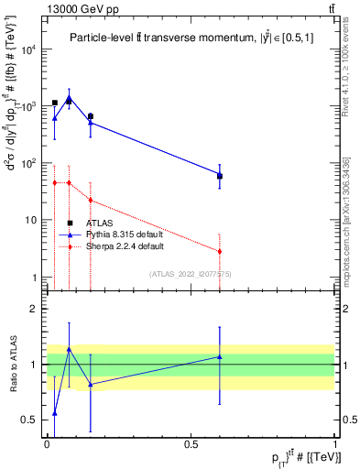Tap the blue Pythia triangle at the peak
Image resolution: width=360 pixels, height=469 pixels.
[70, 97]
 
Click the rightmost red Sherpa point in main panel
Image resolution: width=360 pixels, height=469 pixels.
[220, 251]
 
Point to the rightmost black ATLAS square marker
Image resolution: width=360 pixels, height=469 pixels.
[220, 176]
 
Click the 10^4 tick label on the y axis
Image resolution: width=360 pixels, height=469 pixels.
[27, 49]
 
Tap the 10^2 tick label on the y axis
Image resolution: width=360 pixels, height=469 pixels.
[27, 163]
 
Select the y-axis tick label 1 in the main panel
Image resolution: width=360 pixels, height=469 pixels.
[34, 278]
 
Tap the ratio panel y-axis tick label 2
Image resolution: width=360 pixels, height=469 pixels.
[34, 309]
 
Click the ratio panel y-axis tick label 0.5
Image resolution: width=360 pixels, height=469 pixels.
[29, 420]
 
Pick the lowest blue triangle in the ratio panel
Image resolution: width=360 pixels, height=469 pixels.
[55, 413]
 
